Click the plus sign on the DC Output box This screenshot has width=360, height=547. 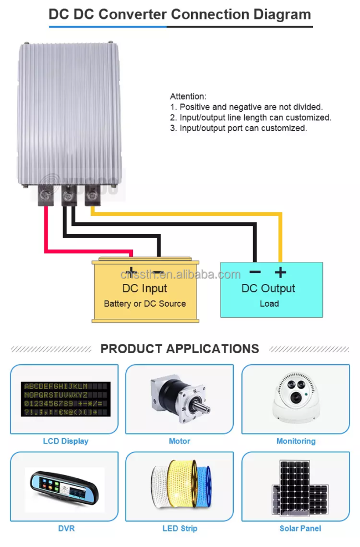coord(280,272)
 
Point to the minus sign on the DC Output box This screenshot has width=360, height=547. coord(255,272)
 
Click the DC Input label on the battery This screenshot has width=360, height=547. coord(145,288)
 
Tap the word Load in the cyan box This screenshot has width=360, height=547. coord(269,303)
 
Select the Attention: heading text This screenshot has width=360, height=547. coord(188,96)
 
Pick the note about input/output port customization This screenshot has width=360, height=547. coord(239,128)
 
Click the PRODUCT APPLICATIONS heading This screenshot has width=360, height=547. coord(179,348)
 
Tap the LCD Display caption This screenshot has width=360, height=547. coord(65,441)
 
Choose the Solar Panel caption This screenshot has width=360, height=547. coord(300,529)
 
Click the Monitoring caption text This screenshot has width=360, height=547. coord(296,441)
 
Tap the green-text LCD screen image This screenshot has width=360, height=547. coord(65,399)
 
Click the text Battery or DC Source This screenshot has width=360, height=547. coord(145,303)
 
